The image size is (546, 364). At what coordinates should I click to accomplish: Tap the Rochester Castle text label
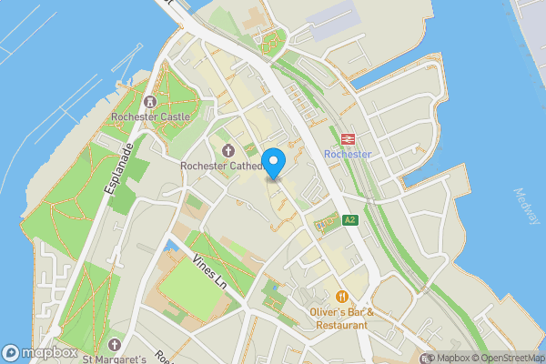(x=149, y=116)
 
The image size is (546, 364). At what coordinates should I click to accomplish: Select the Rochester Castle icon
(x=149, y=101)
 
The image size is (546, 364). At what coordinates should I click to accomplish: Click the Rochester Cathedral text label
(x=222, y=166)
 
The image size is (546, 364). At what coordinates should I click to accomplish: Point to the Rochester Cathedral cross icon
(x=227, y=150)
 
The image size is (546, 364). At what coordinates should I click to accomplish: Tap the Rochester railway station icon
(x=348, y=139)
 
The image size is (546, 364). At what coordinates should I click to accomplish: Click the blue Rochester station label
(x=348, y=154)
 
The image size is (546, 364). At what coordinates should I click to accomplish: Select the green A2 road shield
(x=350, y=220)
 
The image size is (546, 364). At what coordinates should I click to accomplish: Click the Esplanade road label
(x=117, y=174)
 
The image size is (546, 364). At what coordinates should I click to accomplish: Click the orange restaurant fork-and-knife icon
(x=342, y=296)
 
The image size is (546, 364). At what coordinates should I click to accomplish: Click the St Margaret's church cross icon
(x=115, y=344)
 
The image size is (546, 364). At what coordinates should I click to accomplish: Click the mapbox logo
(x=40, y=353)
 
